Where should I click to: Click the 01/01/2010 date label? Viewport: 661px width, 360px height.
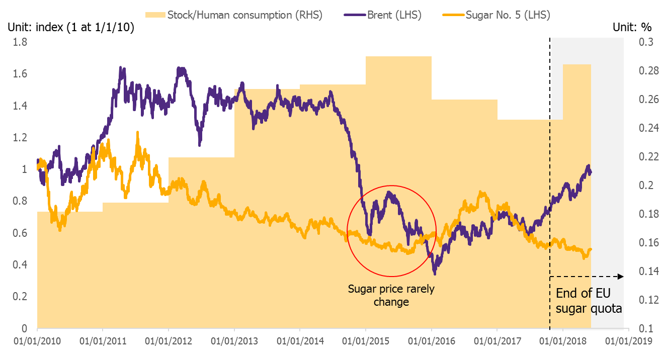(x=37, y=341)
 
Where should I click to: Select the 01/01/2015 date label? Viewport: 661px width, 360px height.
(x=366, y=341)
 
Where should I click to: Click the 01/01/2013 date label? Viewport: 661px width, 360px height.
(x=234, y=341)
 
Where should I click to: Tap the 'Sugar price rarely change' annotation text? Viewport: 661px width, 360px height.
(x=391, y=296)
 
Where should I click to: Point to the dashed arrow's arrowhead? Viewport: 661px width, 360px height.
(x=621, y=277)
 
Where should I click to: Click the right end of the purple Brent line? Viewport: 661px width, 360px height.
(x=591, y=172)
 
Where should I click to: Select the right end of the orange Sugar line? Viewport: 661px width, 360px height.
(x=591, y=249)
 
